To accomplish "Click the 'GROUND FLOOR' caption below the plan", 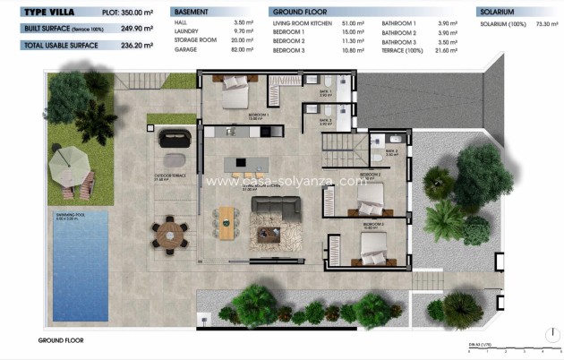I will point(61,340).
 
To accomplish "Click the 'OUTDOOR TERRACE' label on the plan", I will point(169,176).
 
